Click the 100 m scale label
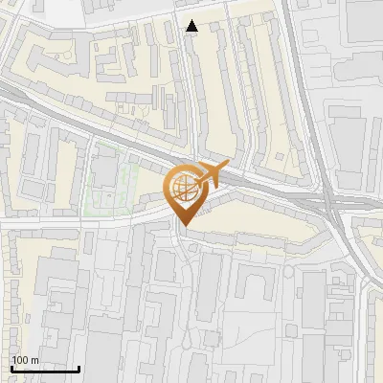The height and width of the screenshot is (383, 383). pyautogui.click(x=25, y=361)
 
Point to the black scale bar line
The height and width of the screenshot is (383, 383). pyautogui.click(x=45, y=369)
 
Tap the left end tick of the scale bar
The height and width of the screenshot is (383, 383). pyautogui.click(x=11, y=367)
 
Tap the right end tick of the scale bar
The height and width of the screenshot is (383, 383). pyautogui.click(x=79, y=367)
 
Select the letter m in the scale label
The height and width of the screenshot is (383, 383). pyautogui.click(x=34, y=361)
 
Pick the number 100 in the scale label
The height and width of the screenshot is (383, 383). pyautogui.click(x=20, y=361)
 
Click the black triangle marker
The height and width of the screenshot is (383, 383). pyautogui.click(x=192, y=26)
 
